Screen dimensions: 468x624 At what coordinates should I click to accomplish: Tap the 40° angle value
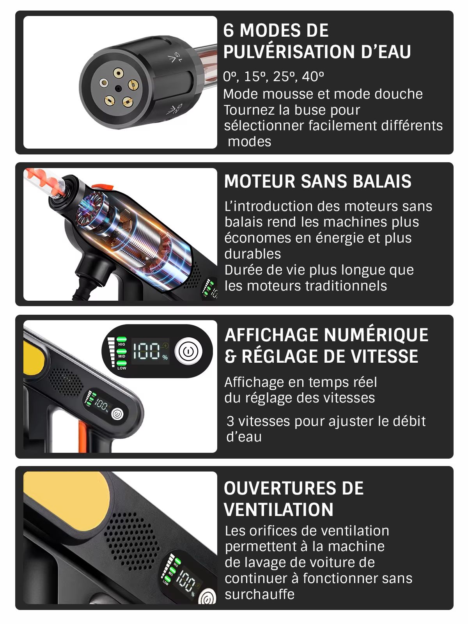[x=313, y=76]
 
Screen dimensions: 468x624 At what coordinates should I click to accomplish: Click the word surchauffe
[x=260, y=594]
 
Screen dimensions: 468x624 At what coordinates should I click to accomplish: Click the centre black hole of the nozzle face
[x=118, y=89]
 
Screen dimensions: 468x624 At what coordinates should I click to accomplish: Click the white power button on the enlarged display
[x=188, y=351]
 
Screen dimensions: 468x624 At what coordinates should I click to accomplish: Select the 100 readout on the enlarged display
[x=147, y=351]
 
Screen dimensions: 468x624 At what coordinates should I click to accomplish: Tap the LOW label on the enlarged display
[x=122, y=368]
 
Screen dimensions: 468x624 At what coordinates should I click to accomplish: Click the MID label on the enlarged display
[x=122, y=356]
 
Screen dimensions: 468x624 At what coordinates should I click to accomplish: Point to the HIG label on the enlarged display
[x=122, y=344]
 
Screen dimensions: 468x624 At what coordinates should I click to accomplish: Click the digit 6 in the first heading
[x=229, y=30]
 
